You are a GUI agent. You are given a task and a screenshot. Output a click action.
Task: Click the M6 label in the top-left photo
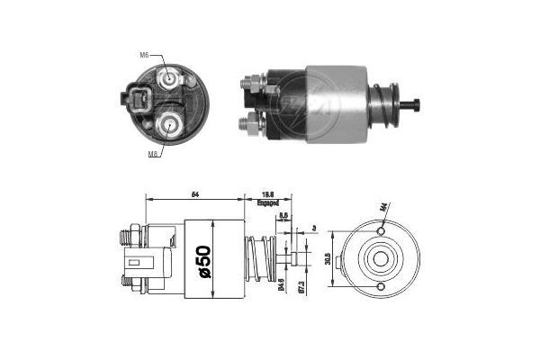(x=143, y=56)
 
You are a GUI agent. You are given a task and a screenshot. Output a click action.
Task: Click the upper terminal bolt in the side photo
(x=247, y=85)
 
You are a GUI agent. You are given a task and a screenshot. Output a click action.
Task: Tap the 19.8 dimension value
(x=267, y=193)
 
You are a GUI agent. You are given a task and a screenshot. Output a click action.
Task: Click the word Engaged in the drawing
(x=268, y=203)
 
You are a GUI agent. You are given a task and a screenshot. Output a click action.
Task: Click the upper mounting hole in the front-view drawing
(x=382, y=231)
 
